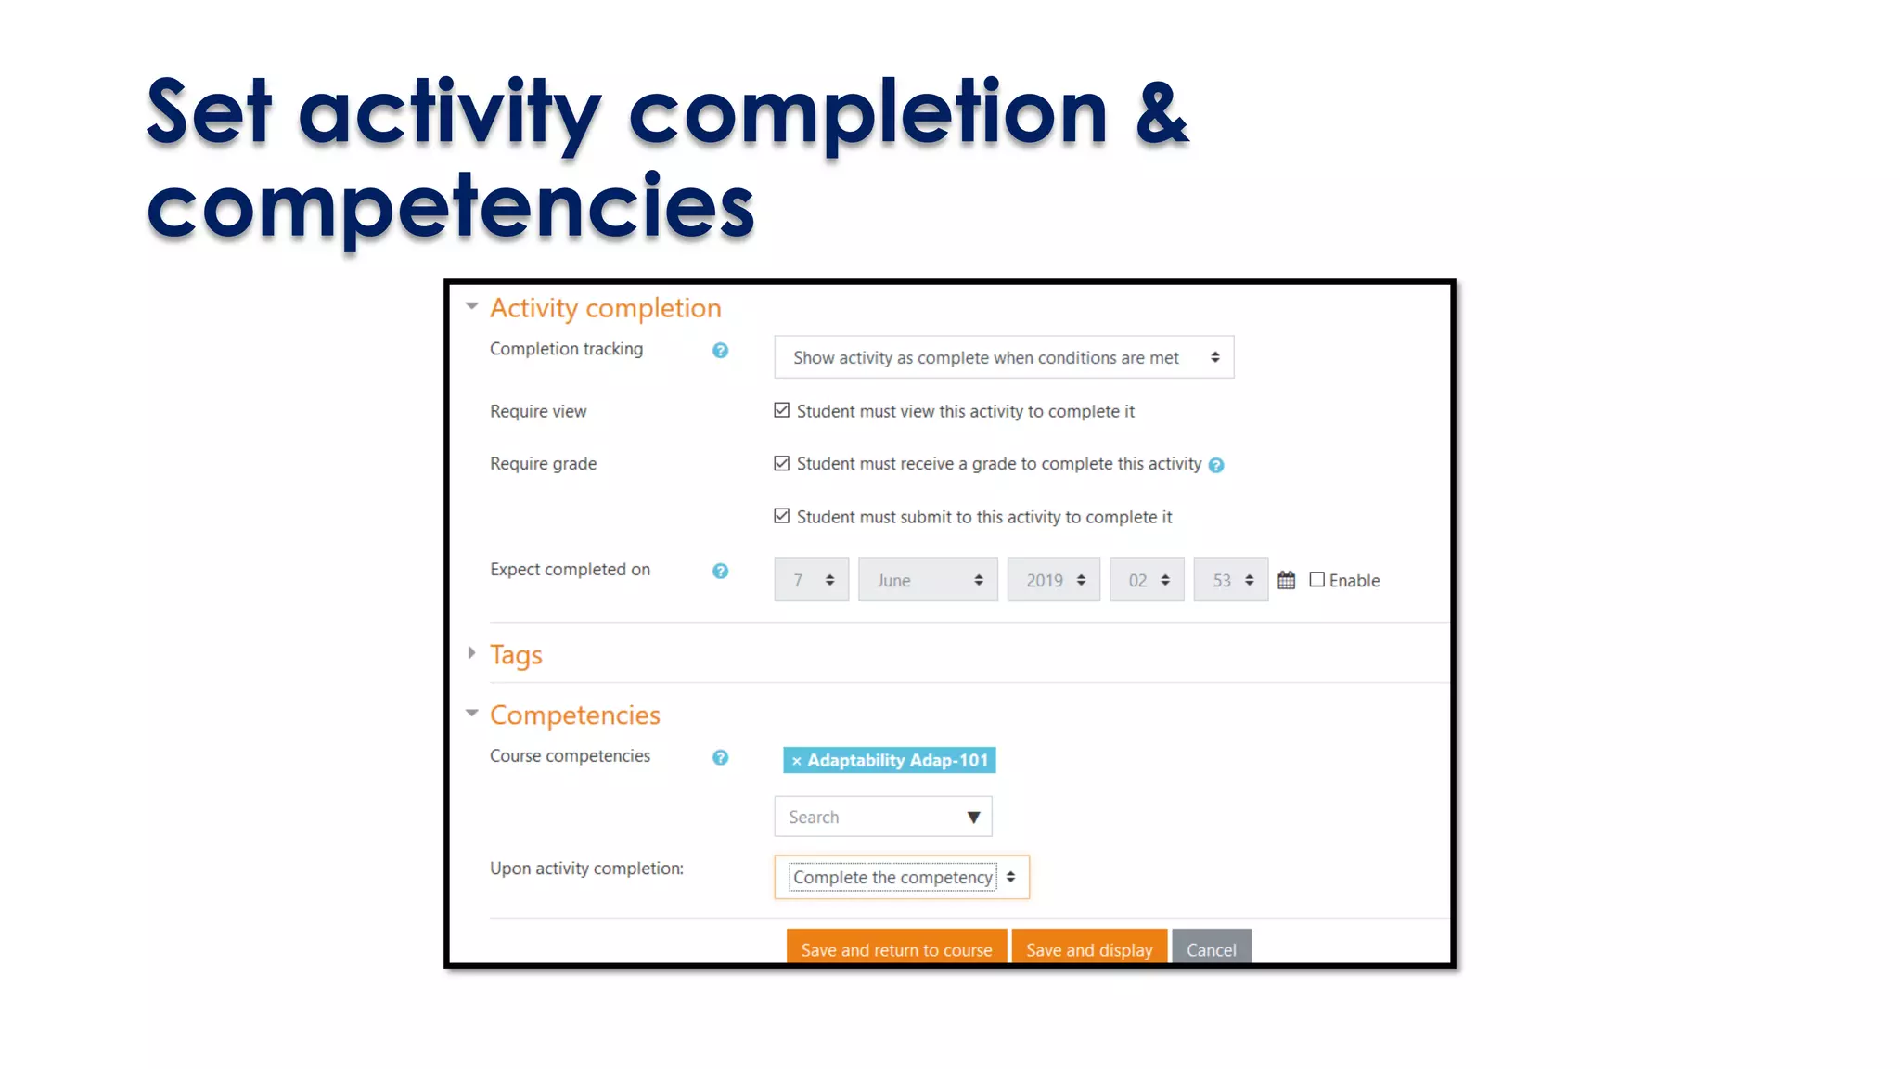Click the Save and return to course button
tap(896, 948)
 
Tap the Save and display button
tap(1089, 948)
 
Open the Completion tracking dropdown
tap(1004, 357)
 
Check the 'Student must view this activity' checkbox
tap(782, 410)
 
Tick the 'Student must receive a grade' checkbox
tap(782, 463)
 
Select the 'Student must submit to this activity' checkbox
tap(782, 516)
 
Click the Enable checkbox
tap(1316, 580)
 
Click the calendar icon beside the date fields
tap(1286, 580)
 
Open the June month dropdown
tap(928, 580)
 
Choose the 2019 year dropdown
tap(1054, 580)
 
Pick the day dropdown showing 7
tap(812, 580)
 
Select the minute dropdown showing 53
tap(1230, 580)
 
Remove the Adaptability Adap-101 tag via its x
tap(796, 761)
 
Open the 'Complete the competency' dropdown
tap(902, 877)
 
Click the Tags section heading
tap(516, 655)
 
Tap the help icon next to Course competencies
tap(720, 757)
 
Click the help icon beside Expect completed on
tap(720, 571)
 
